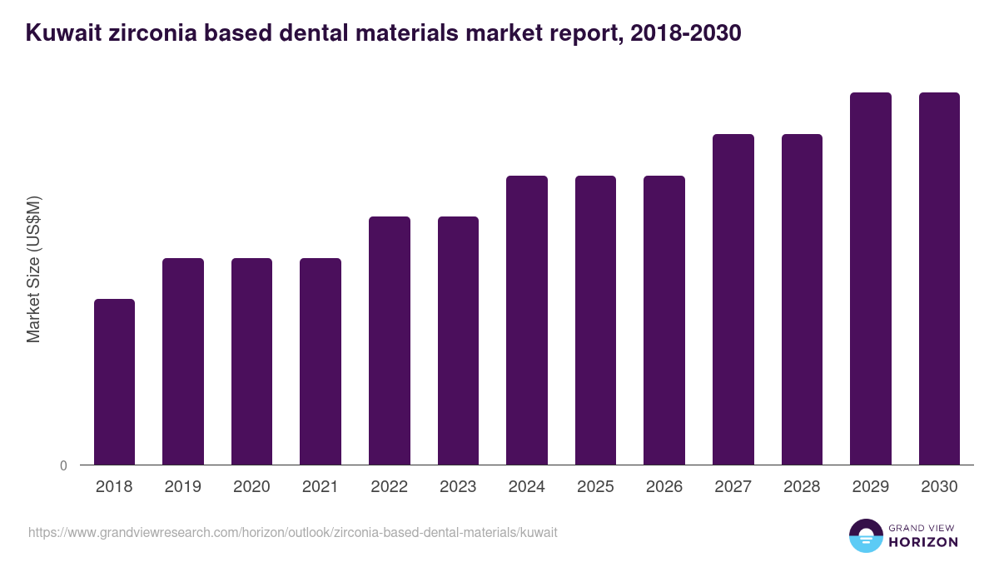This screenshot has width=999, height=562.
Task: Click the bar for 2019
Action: [183, 361]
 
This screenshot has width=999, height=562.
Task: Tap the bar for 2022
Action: [390, 341]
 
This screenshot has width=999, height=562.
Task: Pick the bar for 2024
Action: [527, 320]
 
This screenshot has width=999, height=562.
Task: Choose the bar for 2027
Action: [733, 299]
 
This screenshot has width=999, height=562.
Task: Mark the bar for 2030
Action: [939, 278]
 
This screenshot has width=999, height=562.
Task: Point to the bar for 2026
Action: [664, 320]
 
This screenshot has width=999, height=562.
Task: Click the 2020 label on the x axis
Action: [251, 487]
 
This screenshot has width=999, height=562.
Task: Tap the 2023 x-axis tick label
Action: [458, 487]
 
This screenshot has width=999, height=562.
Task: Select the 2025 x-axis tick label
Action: [595, 487]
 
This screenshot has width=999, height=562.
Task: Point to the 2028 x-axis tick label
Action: [802, 487]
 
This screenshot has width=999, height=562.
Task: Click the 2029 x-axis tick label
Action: [871, 487]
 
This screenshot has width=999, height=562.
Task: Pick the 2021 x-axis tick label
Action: [321, 487]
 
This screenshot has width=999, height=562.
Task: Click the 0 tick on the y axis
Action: [64, 465]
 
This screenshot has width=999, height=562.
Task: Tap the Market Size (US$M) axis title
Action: [33, 269]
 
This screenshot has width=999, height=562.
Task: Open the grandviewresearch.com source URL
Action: [292, 532]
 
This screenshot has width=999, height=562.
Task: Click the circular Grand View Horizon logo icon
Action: [866, 536]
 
